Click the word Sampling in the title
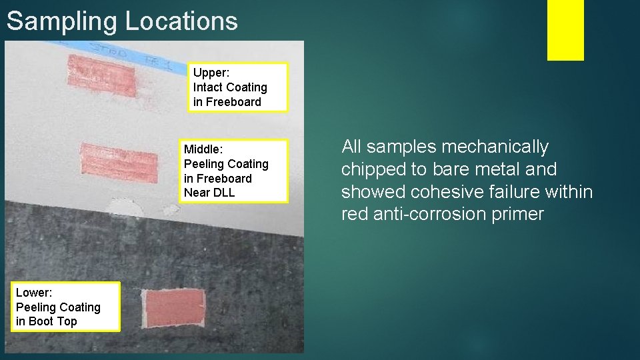62,21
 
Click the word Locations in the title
181,21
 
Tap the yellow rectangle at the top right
565,29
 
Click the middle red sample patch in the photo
119,162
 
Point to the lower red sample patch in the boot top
174,308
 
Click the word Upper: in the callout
210,73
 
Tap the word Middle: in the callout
203,149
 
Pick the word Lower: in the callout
34,293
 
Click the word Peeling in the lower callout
36,307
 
